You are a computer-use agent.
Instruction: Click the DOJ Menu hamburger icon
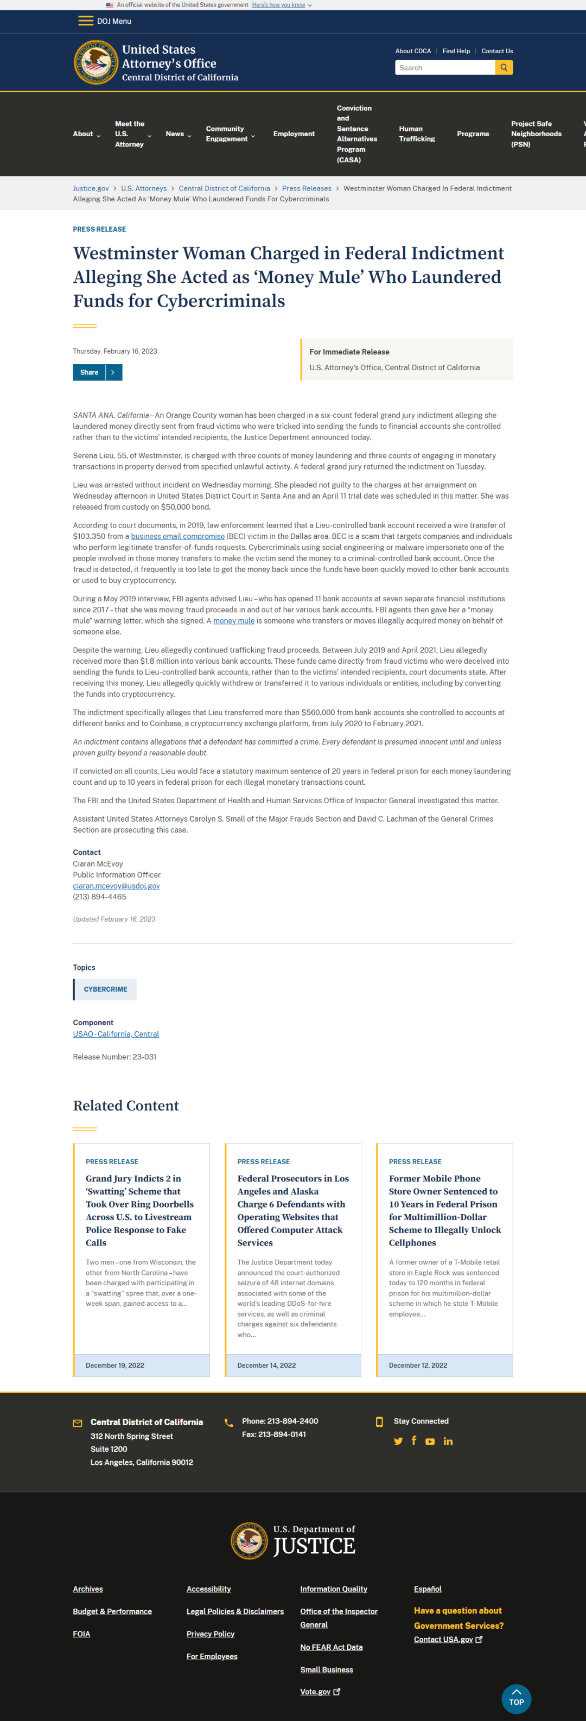tap(86, 21)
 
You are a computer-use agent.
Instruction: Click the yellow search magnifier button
tap(504, 67)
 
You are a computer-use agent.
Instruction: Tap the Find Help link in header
tap(456, 51)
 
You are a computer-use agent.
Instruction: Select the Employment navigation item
tap(294, 134)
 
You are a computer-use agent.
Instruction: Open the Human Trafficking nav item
tap(416, 134)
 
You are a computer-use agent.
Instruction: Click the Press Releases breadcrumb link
tap(306, 188)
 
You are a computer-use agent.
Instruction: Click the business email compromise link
tap(178, 536)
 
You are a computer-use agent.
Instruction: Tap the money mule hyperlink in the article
tap(234, 621)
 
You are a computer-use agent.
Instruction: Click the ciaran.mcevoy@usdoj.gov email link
tap(116, 886)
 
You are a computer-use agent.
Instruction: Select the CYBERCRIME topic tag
tap(105, 989)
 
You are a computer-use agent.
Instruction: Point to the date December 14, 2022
tap(266, 1365)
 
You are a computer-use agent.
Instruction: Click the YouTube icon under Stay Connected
tap(430, 1441)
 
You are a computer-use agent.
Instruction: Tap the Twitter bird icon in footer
tap(398, 1441)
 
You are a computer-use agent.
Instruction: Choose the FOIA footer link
tap(81, 1634)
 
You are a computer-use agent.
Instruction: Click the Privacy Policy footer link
tap(210, 1634)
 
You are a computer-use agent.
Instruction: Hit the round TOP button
tap(516, 1698)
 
